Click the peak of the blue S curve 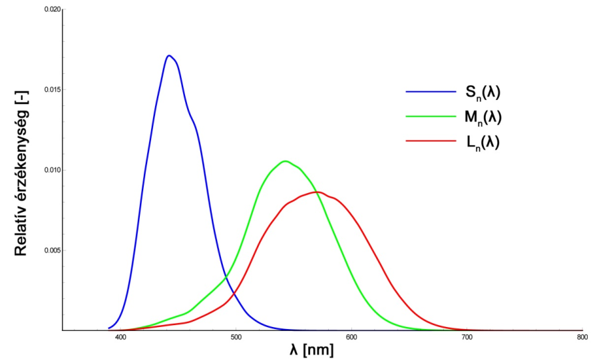click(x=169, y=55)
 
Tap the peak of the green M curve click(x=286, y=161)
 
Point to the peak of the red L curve click(x=318, y=192)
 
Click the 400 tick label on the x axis click(x=120, y=338)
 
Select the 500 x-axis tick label click(x=236, y=338)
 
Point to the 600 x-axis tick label click(x=351, y=338)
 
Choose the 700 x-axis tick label click(x=467, y=338)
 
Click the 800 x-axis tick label click(x=582, y=338)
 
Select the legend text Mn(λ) click(x=483, y=117)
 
